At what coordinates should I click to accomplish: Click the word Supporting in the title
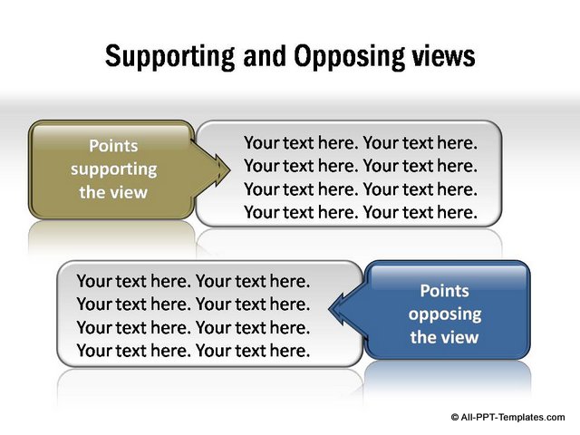click(169, 56)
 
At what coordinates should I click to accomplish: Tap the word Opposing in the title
click(350, 56)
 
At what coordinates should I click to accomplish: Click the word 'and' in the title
click(265, 55)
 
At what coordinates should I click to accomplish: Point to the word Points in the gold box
click(113, 146)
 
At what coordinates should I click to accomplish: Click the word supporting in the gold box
click(113, 169)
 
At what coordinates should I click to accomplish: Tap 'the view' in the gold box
click(113, 192)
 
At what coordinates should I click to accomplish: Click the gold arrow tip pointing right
click(229, 170)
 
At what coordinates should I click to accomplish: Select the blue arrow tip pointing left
click(329, 309)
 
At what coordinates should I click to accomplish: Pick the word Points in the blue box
click(445, 291)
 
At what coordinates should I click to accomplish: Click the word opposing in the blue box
click(445, 314)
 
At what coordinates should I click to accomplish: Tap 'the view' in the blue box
click(445, 337)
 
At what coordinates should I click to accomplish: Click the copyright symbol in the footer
click(455, 417)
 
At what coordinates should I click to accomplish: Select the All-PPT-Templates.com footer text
click(513, 417)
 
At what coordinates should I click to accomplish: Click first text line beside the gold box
click(361, 143)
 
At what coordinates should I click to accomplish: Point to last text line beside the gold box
click(361, 212)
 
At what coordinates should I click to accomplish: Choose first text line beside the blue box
click(193, 281)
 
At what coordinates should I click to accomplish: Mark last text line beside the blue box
click(193, 351)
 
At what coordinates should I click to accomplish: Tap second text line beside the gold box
click(361, 166)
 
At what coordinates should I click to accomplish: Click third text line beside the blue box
click(193, 328)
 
